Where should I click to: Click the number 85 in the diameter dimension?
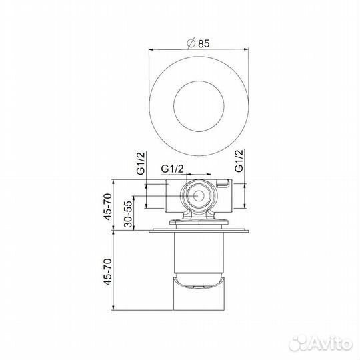pos(204,43)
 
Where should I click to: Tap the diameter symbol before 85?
pos(191,43)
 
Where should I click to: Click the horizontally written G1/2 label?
pos(172,169)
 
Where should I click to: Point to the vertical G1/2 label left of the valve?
pos(141,163)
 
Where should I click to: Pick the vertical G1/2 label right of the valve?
pos(239,161)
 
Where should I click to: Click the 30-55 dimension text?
pos(129,214)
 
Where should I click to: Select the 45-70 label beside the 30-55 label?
pos(108,207)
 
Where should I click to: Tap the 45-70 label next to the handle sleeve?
pos(108,271)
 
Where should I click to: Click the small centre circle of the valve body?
pos(199,195)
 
